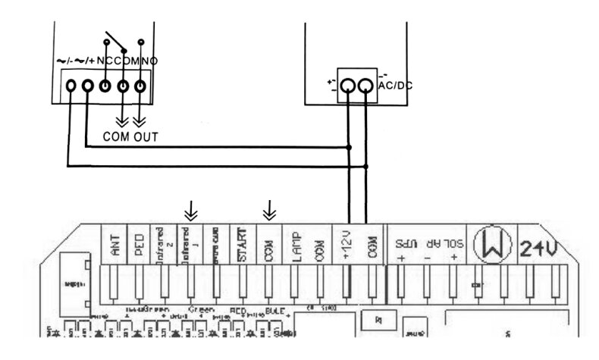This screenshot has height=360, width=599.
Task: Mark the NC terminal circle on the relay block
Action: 105,86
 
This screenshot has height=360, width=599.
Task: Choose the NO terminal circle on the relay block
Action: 140,86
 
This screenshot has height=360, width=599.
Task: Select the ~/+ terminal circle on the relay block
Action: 87,86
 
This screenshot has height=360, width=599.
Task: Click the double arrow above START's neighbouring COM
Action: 268,208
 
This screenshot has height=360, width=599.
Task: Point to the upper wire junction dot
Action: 349,148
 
